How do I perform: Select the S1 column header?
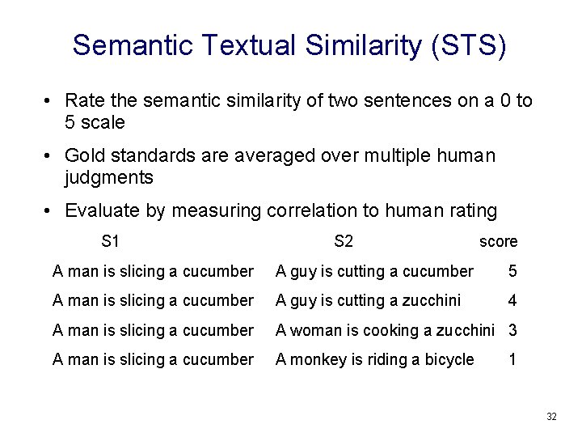point(111,240)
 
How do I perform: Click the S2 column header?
point(344,240)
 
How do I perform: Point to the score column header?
point(498,241)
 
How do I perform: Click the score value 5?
point(512,270)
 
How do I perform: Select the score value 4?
point(512,300)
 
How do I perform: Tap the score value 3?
point(512,330)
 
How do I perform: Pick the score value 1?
point(512,359)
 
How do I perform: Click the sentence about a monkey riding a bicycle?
point(375,359)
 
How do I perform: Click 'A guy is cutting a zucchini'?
point(368,300)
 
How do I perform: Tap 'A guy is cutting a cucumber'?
point(374,270)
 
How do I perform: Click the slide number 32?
point(551,417)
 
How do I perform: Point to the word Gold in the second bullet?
point(84,155)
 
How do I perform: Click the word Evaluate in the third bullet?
point(99,210)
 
